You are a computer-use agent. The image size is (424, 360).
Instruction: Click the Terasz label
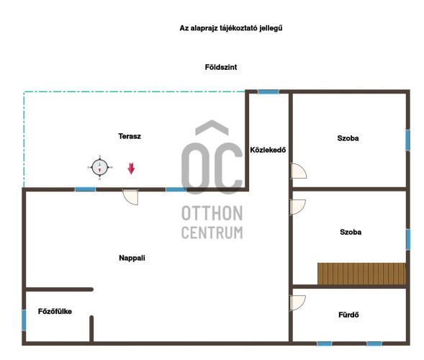(130, 136)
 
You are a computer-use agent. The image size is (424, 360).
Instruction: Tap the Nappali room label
(132, 258)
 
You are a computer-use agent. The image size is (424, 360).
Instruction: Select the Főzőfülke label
(55, 311)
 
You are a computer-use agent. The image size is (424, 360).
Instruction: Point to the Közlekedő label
(268, 150)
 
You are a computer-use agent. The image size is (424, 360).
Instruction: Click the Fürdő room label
(348, 315)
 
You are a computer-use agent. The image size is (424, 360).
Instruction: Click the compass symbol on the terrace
(100, 168)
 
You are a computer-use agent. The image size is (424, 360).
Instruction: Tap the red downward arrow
(131, 168)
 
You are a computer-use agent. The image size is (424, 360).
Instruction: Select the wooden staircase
(362, 274)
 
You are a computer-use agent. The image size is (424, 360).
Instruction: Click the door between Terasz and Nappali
(130, 197)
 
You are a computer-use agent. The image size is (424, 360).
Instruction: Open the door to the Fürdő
(298, 302)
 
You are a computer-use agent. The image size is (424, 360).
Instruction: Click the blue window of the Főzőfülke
(24, 320)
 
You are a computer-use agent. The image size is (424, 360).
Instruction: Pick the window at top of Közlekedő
(269, 92)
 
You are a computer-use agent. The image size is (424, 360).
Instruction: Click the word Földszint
(221, 67)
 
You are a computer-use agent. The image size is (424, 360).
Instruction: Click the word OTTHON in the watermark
(212, 213)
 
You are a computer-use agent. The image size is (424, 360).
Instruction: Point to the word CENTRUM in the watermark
(212, 233)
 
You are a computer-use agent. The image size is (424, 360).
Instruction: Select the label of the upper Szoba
(348, 138)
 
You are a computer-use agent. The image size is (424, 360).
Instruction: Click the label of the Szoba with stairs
(351, 232)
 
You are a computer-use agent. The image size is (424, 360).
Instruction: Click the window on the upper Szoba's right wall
(407, 140)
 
